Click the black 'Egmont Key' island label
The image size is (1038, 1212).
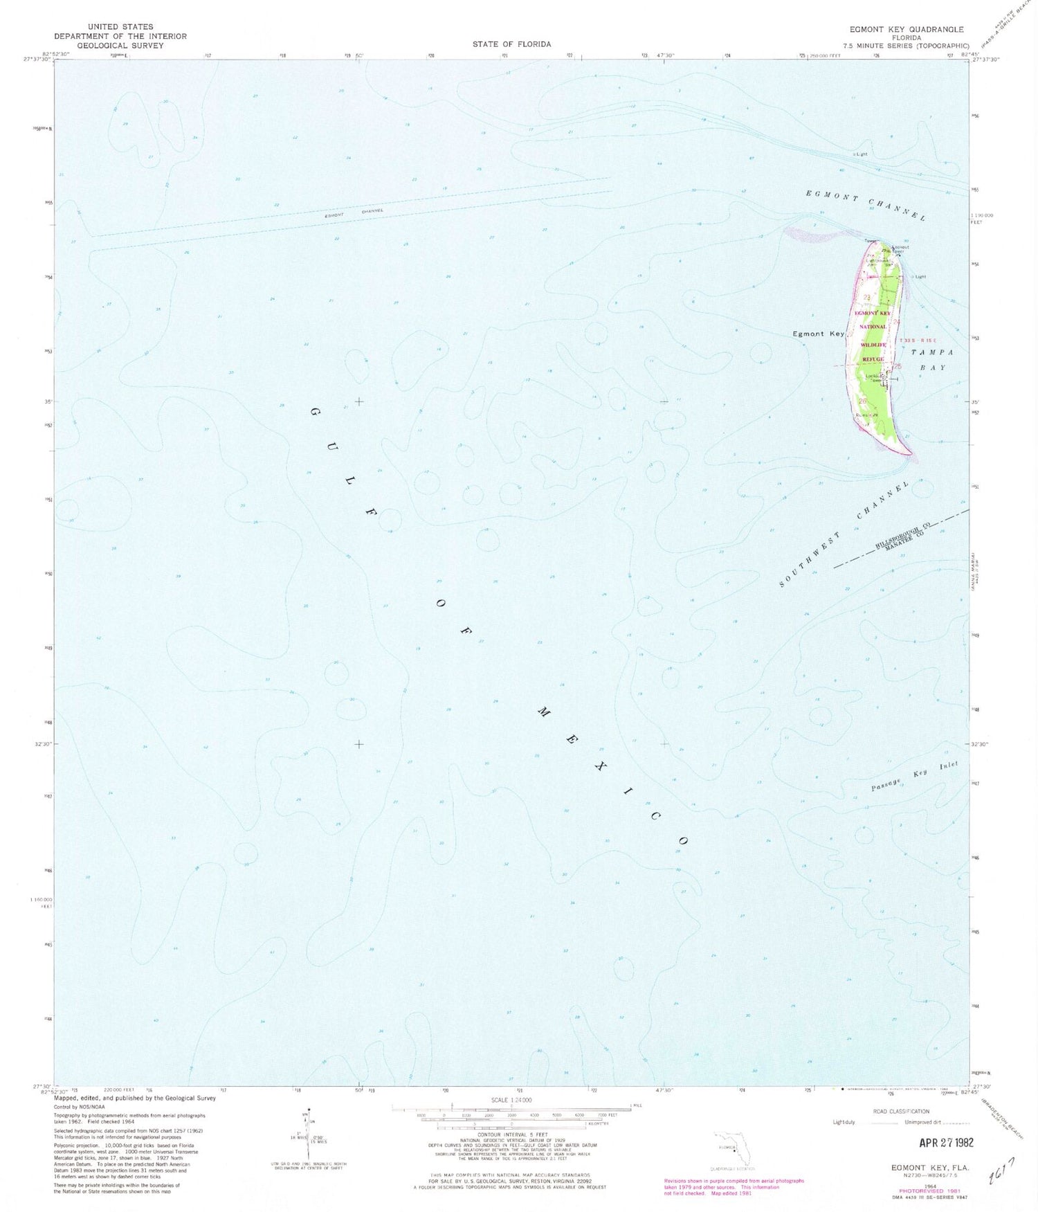click(818, 334)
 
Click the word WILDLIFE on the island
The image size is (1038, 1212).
click(873, 344)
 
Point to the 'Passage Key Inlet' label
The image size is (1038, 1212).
click(915, 776)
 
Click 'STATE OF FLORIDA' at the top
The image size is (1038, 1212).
click(511, 44)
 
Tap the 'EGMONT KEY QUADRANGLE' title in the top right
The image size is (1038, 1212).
click(906, 29)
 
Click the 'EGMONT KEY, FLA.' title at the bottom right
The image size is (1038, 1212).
click(929, 1167)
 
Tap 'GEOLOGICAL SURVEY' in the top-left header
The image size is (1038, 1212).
click(120, 46)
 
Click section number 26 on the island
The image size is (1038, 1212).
click(862, 401)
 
